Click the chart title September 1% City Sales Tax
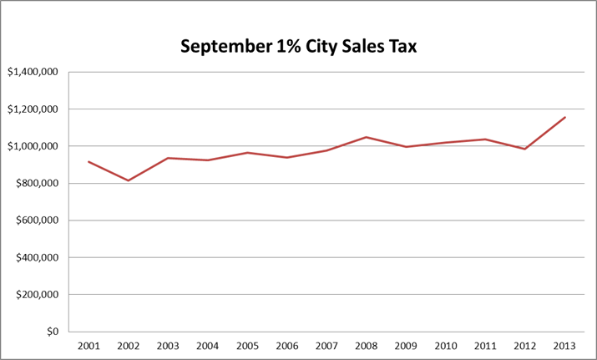coord(298,47)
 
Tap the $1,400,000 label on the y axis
coord(32,73)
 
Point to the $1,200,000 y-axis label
coord(32,109)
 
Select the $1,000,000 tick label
coord(32,146)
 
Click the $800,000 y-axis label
coord(35,184)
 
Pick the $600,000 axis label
coord(35,221)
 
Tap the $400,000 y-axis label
coord(35,257)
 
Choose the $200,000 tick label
coord(35,295)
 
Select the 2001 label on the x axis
coord(88,345)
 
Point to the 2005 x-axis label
coord(247,345)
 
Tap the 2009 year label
coord(406,345)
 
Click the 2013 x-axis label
coord(565,345)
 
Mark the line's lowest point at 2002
coord(128,180)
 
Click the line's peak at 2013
coord(565,117)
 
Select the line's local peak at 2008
coord(367,137)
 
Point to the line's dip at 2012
coord(525,149)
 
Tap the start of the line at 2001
coord(88,161)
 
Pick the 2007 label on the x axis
coord(326,345)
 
